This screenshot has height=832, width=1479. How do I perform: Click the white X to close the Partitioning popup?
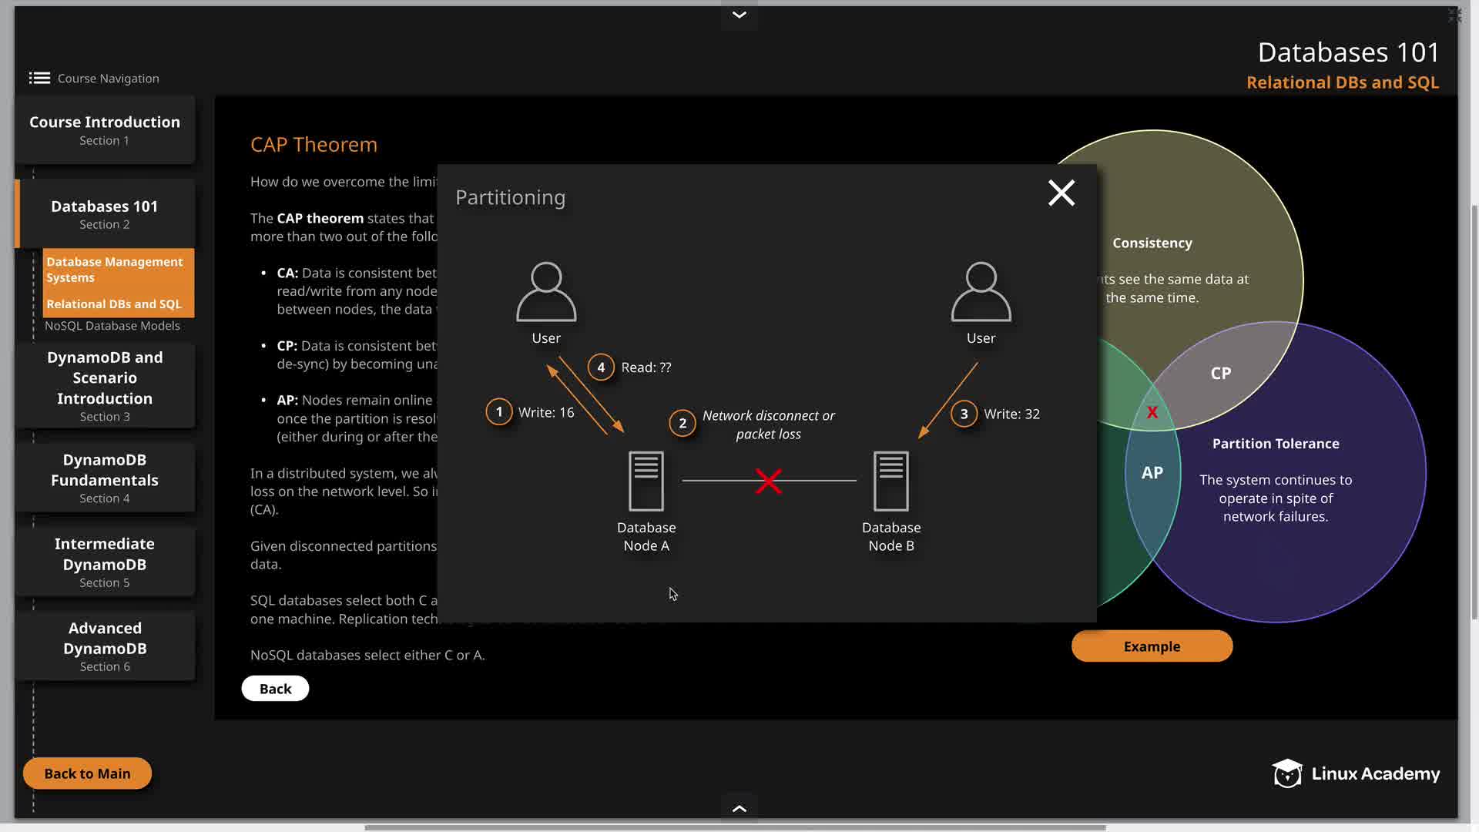click(x=1061, y=193)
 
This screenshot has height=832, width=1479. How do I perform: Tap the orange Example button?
click(x=1152, y=646)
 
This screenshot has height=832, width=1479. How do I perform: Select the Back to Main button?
click(x=87, y=773)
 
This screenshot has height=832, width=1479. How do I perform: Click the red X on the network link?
click(x=768, y=481)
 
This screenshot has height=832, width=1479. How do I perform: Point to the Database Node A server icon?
click(x=646, y=481)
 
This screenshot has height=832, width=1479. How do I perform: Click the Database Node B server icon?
click(x=890, y=481)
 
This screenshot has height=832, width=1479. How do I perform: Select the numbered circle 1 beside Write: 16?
click(x=499, y=412)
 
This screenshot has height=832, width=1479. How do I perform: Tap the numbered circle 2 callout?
click(x=682, y=423)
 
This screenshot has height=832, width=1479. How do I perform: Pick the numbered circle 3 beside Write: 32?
click(x=964, y=414)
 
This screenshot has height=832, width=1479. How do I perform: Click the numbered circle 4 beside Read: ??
click(x=601, y=367)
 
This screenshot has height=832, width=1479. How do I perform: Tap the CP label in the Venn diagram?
click(x=1220, y=374)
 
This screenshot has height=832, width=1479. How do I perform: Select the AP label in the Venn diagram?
click(x=1152, y=473)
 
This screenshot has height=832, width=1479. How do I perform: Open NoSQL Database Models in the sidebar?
click(x=112, y=326)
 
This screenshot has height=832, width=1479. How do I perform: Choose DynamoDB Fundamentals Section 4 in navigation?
click(x=105, y=478)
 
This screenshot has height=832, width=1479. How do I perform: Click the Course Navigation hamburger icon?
click(x=39, y=78)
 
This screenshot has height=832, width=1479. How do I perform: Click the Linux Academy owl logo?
click(x=1286, y=773)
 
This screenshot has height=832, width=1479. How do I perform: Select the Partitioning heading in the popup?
click(x=510, y=198)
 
